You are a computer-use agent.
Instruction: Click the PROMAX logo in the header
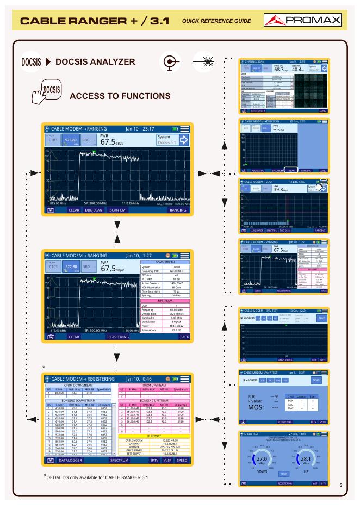(302, 21)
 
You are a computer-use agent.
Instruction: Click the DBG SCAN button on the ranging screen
(94, 209)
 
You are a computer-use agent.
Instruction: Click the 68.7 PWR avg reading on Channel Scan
(281, 69)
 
